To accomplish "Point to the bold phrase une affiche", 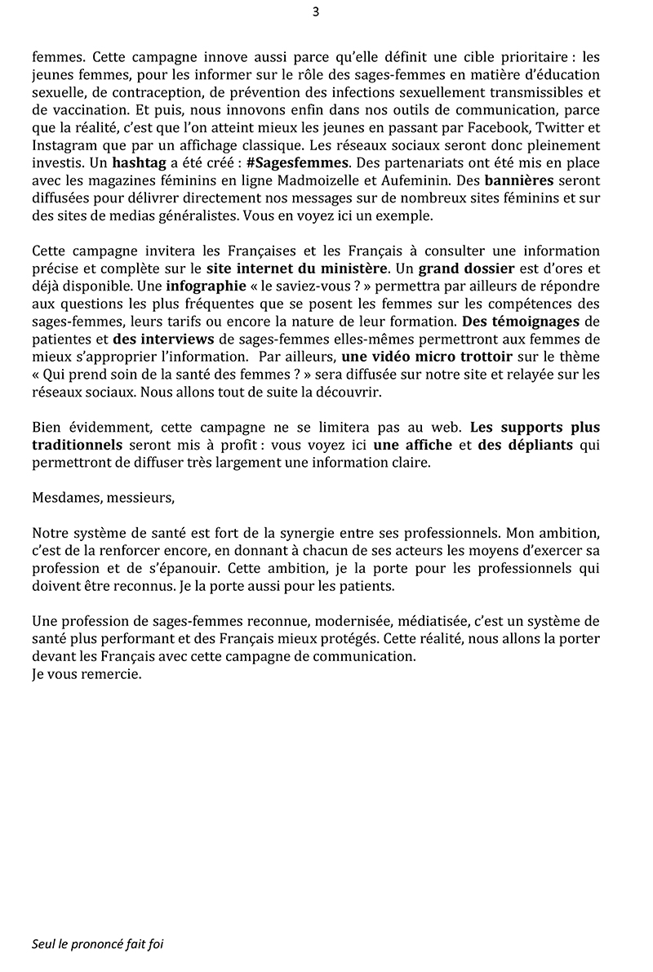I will click(409, 446).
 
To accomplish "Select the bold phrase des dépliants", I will click(526, 446).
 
